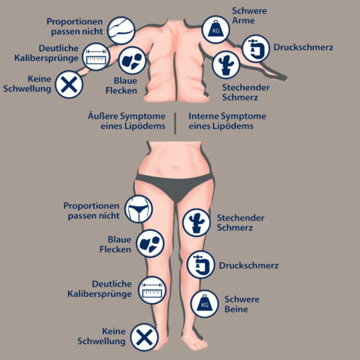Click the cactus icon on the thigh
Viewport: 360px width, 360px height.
[x=196, y=221]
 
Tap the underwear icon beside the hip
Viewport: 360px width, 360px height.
[x=140, y=209]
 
